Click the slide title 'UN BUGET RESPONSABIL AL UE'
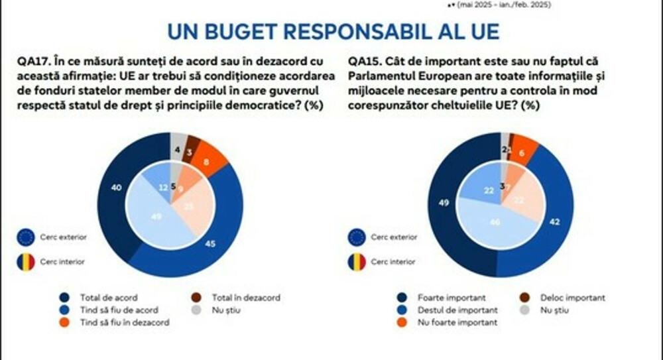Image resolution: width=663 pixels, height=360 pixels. click(x=333, y=31)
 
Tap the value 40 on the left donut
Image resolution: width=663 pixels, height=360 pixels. click(x=117, y=188)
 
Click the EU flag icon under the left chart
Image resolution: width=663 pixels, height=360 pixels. click(x=26, y=237)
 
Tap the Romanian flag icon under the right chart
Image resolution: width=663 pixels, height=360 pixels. click(x=357, y=262)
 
